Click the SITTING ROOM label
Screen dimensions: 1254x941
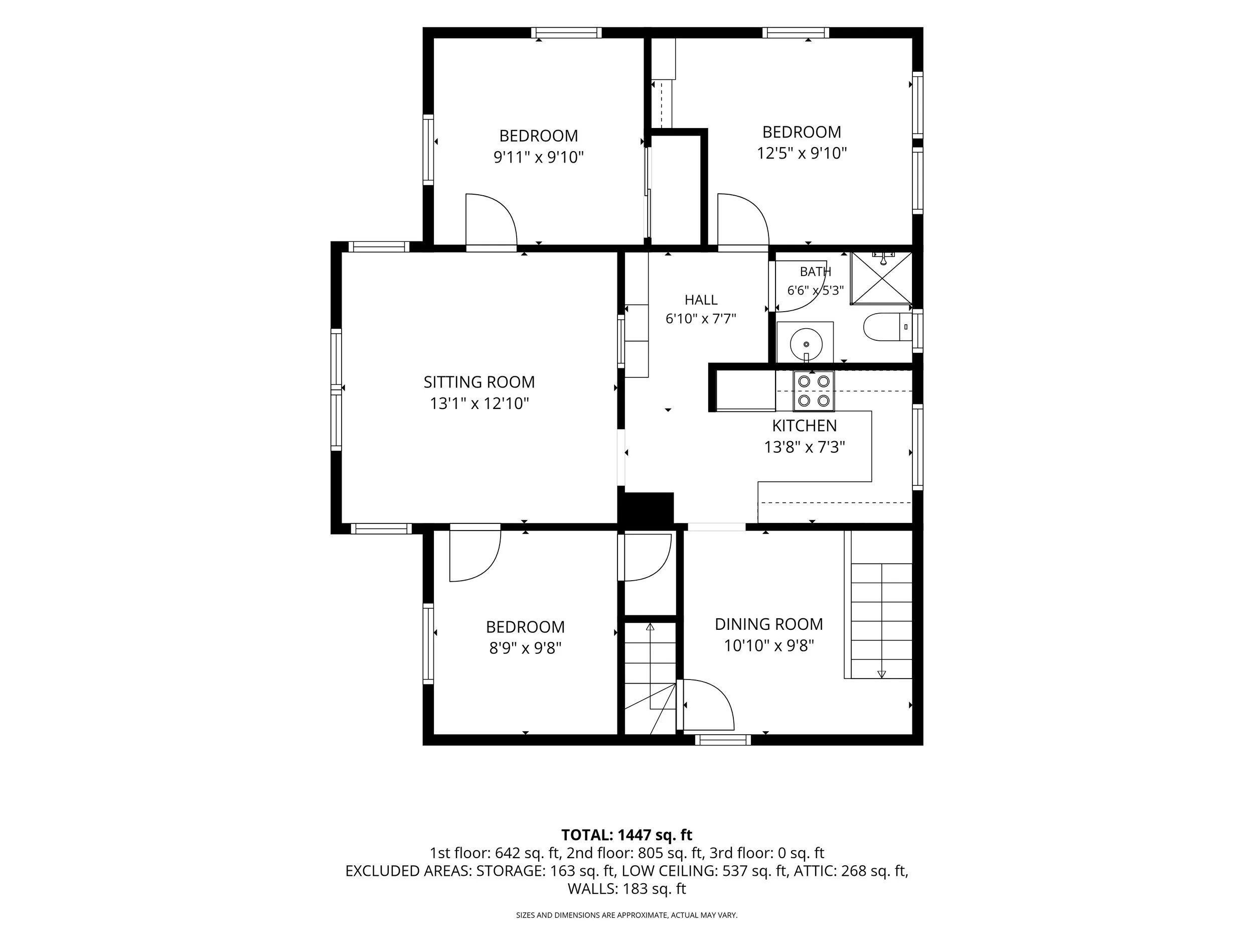coord(479,382)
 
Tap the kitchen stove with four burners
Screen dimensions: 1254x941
coord(814,391)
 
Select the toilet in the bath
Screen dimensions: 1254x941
coord(888,327)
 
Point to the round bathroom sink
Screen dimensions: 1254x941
coord(806,343)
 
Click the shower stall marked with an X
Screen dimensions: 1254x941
coord(881,278)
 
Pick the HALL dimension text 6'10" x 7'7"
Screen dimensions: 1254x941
coord(701,319)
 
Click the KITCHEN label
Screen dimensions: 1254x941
coord(804,426)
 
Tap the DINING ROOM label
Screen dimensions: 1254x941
coord(769,624)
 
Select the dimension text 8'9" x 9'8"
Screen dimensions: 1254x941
coord(525,648)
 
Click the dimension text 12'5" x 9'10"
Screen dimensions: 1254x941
coord(802,153)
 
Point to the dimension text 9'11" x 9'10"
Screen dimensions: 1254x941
coord(539,157)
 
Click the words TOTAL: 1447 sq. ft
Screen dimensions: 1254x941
coord(626,835)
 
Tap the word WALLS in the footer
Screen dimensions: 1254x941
coord(592,889)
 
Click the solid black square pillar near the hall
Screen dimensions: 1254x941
coord(646,508)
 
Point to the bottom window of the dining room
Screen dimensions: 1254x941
coord(723,740)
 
